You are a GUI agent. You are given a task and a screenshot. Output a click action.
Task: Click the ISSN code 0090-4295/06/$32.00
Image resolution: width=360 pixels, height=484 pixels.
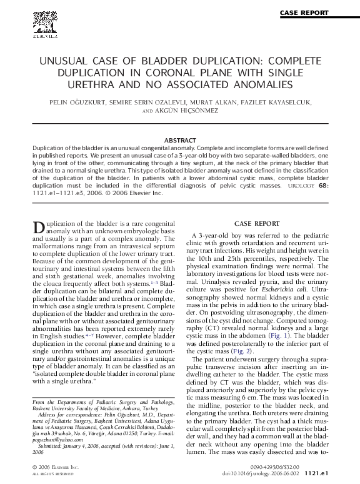tap(274, 466)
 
